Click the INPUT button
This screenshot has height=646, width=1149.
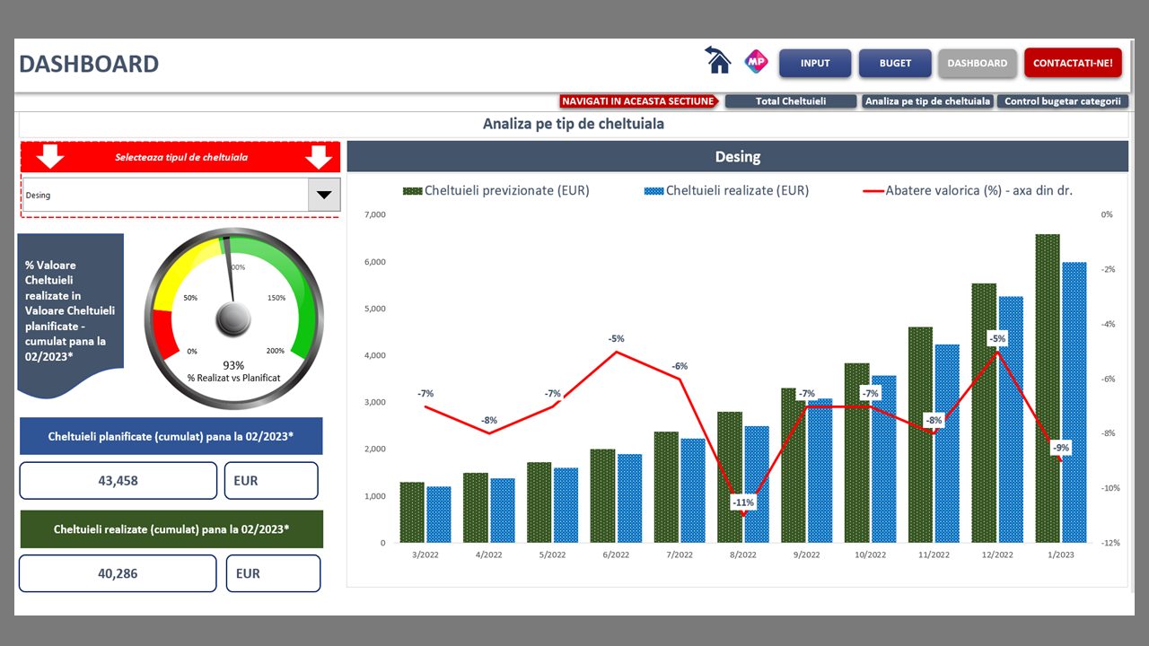coord(814,64)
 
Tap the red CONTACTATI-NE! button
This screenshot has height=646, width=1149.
coord(1073,64)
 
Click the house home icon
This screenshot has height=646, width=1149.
coord(717,60)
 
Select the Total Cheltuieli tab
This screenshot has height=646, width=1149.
coord(790,101)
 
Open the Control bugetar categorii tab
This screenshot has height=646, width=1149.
coord(1062,101)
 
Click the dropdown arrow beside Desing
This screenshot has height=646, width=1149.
coord(323,195)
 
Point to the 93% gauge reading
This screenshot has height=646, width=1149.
coord(233,365)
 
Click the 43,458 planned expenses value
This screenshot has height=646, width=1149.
coord(118,481)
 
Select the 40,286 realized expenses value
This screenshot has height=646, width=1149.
coord(117,573)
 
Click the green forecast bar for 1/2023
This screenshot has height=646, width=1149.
coord(1047,388)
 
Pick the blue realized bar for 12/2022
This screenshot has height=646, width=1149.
coord(1011,419)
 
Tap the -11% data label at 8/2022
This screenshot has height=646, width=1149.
coord(743,503)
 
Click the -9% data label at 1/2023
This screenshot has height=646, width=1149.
coord(1061,448)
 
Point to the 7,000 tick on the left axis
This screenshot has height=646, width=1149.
coord(374,215)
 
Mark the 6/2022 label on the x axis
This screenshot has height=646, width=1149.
coord(616,555)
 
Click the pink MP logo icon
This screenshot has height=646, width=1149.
coord(756,62)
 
